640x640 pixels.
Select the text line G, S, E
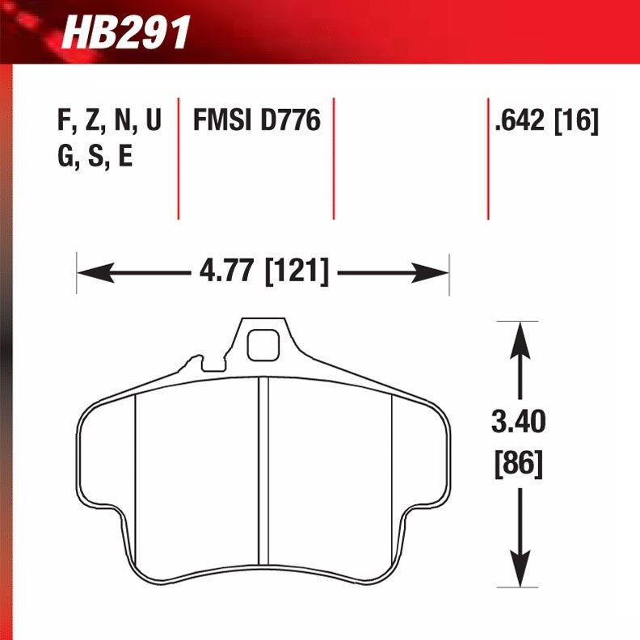click(x=95, y=157)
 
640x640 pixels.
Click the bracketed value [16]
click(x=576, y=122)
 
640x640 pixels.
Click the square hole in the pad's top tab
click(x=262, y=346)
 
